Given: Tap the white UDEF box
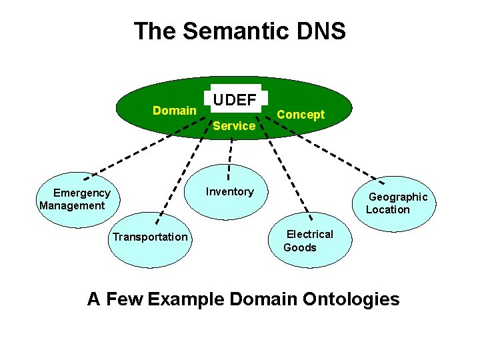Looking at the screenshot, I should point(235,101).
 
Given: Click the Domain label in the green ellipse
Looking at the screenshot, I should point(174,111).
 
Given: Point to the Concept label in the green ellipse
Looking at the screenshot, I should point(301,115).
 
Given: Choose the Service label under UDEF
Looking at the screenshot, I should point(234,126).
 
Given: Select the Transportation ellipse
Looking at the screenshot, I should point(151,237).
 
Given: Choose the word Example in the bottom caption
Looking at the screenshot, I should point(185,299).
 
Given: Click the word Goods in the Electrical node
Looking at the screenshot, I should point(300,247).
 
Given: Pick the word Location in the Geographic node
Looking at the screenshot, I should point(388,209).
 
